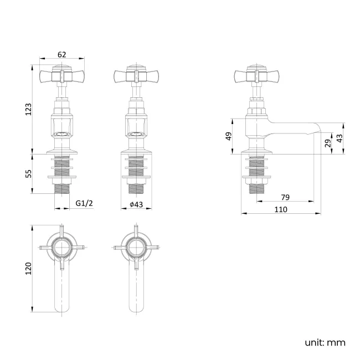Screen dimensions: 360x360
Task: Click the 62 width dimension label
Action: [61, 54]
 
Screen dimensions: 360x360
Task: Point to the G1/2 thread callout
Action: [84, 204]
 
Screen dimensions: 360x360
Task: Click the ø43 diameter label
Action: [136, 204]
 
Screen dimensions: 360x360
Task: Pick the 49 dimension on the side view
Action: [228, 136]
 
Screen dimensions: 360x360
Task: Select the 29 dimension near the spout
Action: [327, 143]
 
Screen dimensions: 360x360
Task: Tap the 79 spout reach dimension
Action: [286, 197]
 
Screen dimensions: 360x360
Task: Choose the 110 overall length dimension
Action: [281, 209]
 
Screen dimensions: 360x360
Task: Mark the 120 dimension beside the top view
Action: [29, 268]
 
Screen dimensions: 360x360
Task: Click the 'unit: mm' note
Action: [325, 342]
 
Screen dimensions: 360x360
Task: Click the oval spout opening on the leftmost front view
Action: [61, 133]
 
